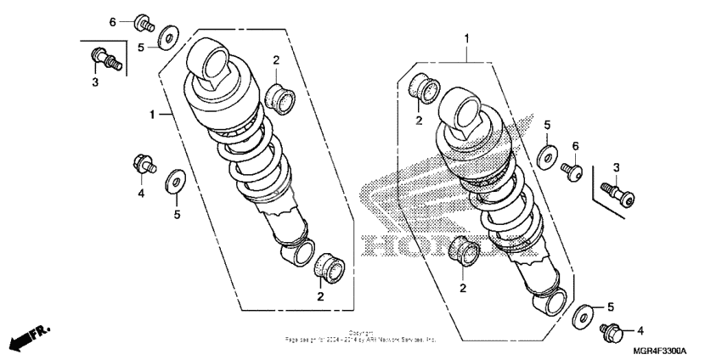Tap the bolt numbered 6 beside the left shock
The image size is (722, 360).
(143, 23)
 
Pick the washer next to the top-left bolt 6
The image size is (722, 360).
(167, 38)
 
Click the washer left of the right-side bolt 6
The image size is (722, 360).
(548, 156)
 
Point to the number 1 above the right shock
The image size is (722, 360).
(465, 38)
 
